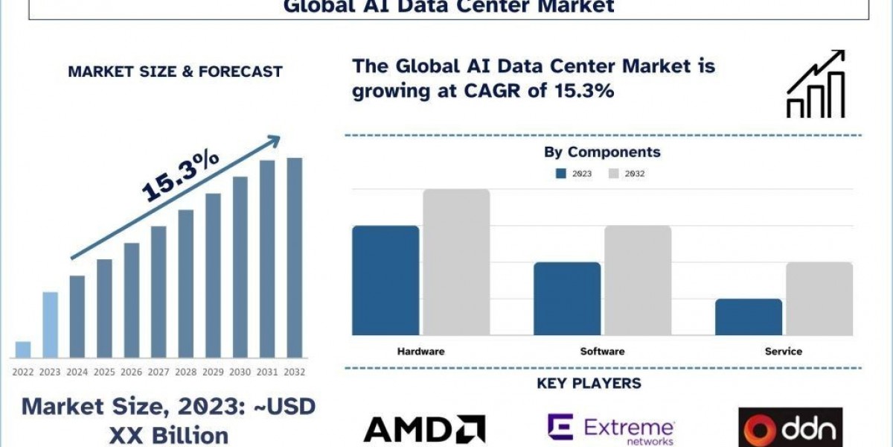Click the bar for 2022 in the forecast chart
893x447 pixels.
point(23,349)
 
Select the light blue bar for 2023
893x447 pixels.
point(50,324)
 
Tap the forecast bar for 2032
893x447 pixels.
point(295,257)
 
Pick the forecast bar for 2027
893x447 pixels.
point(159,291)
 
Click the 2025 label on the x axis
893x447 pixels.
point(104,371)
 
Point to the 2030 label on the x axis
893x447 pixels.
point(240,371)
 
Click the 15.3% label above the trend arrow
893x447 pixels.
point(180,175)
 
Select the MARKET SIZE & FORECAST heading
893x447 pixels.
point(175,72)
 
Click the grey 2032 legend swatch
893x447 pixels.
point(614,174)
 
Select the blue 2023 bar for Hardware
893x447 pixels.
point(385,280)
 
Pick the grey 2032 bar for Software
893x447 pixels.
point(638,280)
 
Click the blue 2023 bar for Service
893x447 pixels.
point(749,317)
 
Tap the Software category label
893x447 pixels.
point(603,351)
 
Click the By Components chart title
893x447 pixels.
point(603,152)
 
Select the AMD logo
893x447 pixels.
point(424,428)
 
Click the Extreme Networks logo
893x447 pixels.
point(611,428)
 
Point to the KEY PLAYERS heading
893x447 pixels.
point(589,384)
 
